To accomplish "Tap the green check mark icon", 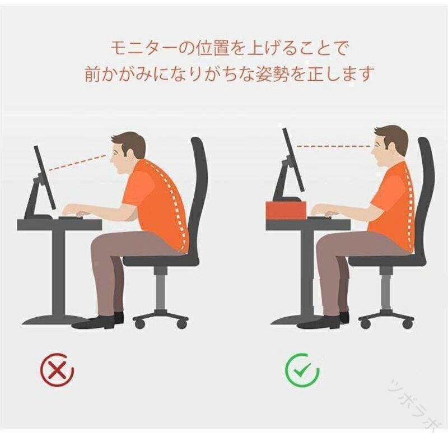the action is pos(302,370).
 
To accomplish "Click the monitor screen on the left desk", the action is pos(45,178).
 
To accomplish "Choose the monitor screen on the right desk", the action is pos(293,160).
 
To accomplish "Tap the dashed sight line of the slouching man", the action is pos(77,163).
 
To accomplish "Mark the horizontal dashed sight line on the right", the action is pos(334,146).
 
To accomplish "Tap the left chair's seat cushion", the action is pos(161,259).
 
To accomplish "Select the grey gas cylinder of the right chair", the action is pos(387,290).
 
